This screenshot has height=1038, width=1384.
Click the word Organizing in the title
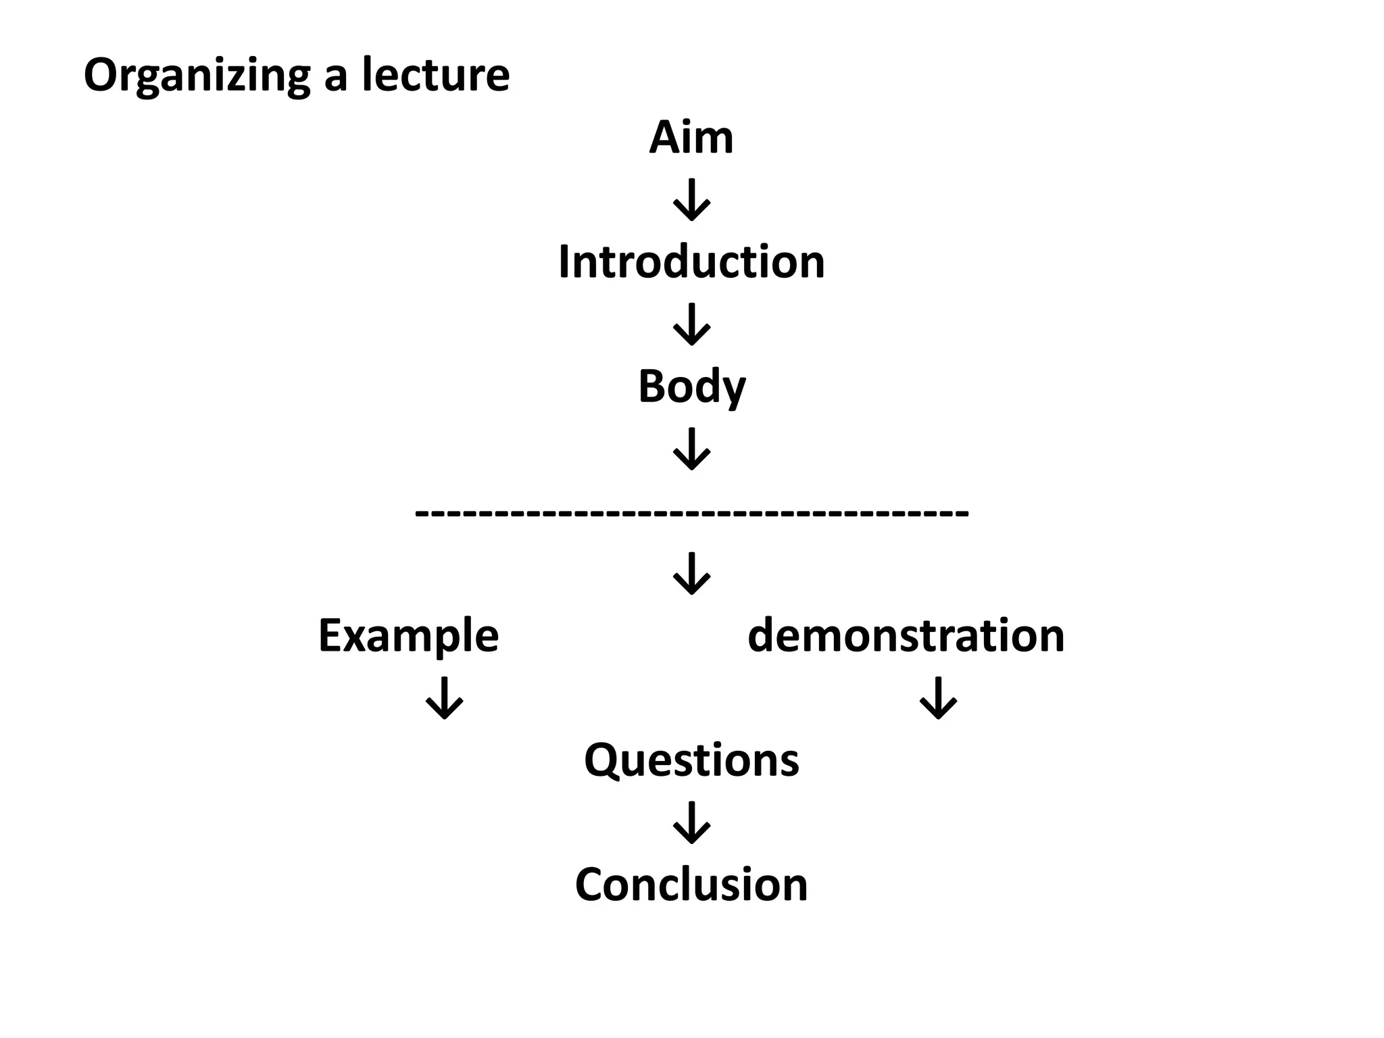(197, 76)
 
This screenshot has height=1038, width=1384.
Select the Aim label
(691, 138)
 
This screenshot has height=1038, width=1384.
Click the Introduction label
(691, 262)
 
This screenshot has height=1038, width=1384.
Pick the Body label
(691, 387)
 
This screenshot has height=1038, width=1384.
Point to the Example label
(408, 636)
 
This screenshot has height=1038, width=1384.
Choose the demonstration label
(906, 636)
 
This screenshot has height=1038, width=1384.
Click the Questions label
(691, 760)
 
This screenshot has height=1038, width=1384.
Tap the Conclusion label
(691, 885)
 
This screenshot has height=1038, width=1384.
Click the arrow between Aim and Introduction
(691, 200)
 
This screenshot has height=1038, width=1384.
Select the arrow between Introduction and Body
(691, 324)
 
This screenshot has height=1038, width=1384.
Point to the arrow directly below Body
(691, 449)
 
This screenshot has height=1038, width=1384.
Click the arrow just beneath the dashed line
(691, 574)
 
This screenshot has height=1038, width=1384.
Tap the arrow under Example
(444, 698)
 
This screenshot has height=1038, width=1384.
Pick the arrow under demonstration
(939, 698)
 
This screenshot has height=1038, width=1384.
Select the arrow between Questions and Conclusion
(691, 822)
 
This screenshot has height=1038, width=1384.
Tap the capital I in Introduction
(564, 262)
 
